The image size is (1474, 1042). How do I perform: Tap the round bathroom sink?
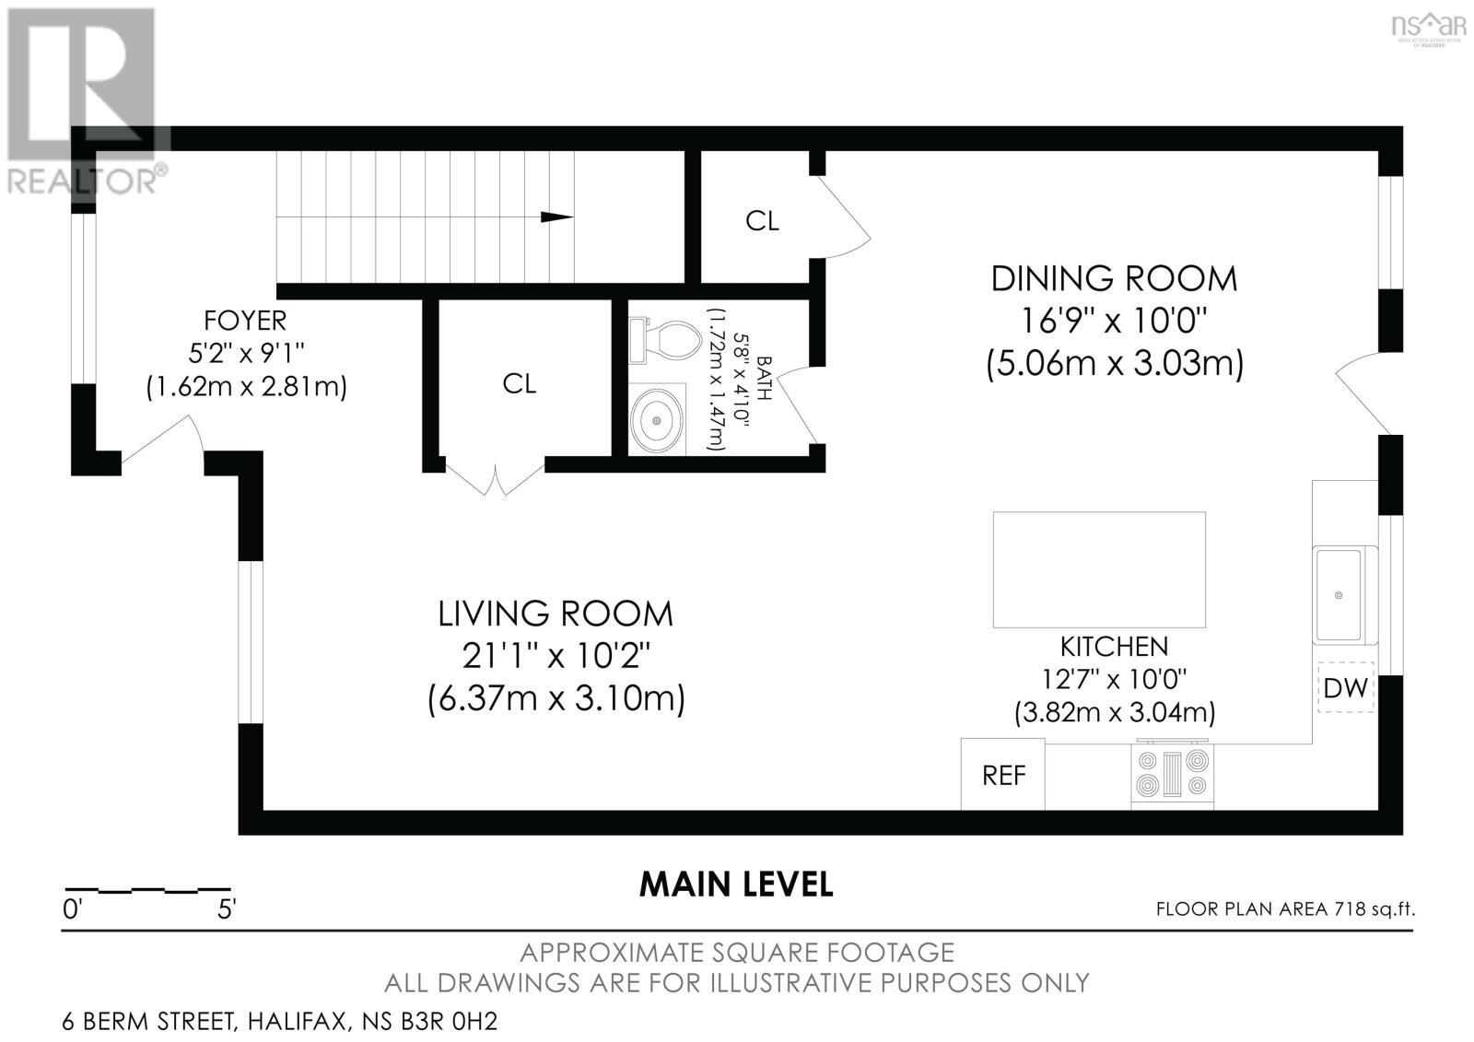point(657,420)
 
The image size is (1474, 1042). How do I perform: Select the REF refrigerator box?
point(1003,775)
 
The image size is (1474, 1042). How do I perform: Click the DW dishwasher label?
point(1345,687)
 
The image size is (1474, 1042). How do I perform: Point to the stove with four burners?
point(1173,774)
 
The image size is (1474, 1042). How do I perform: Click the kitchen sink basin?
point(1339,595)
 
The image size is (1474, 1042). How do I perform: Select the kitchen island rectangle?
point(1099,569)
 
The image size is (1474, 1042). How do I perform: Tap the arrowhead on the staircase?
point(556,217)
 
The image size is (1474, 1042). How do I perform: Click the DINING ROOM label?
point(1114,278)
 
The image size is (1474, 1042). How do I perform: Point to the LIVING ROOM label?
point(556,614)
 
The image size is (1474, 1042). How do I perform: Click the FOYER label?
point(245,321)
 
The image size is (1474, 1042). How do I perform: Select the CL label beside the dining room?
point(762,221)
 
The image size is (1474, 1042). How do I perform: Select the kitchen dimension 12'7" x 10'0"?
point(1114,680)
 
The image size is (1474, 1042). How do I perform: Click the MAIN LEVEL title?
point(736,884)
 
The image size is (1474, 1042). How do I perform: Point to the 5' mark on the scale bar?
point(226,909)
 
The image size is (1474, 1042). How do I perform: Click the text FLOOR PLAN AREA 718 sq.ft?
point(1285,909)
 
